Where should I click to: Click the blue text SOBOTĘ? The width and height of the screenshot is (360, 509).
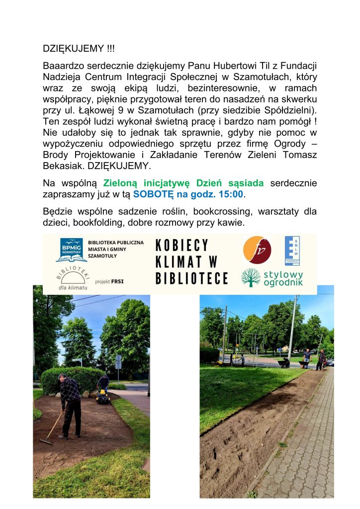(151, 194)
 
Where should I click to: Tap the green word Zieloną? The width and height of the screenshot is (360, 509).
(122, 183)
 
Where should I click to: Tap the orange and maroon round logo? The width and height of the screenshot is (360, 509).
(258, 250)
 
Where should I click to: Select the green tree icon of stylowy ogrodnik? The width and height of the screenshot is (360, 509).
(251, 277)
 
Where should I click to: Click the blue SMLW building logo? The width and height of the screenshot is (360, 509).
(292, 251)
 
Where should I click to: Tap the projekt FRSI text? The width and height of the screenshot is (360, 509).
(109, 281)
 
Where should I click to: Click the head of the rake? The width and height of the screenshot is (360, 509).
(46, 441)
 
